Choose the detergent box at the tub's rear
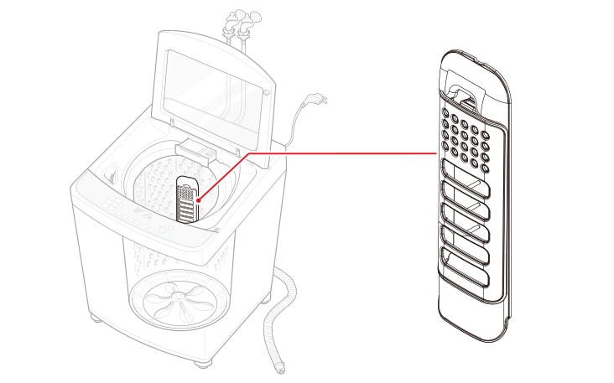(196, 152)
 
